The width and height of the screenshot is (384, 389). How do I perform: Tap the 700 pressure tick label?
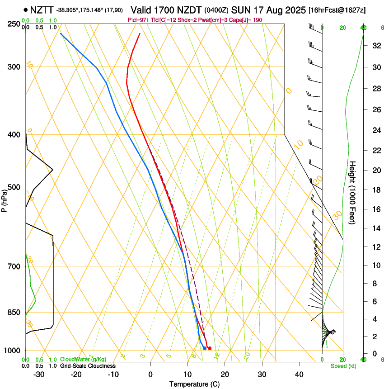pyautogui.click(x=14, y=266)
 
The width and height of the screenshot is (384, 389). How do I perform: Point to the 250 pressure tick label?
pyautogui.click(x=14, y=24)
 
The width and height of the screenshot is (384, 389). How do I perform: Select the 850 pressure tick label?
pyautogui.click(x=14, y=313)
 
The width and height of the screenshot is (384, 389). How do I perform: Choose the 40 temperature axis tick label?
pyautogui.click(x=299, y=375)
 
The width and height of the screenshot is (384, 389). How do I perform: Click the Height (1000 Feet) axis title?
pyautogui.click(x=353, y=192)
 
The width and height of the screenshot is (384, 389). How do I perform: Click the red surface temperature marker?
pyautogui.click(x=209, y=348)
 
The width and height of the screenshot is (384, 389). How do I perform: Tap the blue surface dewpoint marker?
pyautogui.click(x=205, y=348)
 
